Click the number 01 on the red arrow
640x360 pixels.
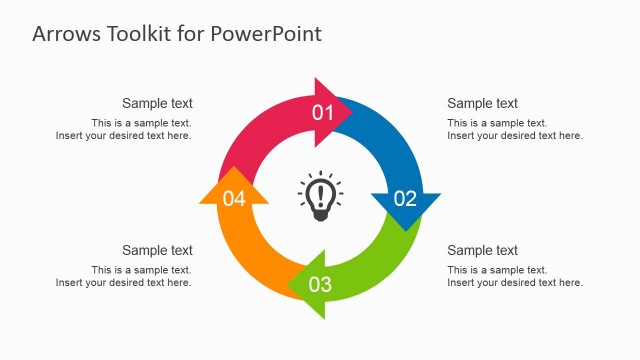[323, 112]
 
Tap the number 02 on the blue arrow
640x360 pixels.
[405, 198]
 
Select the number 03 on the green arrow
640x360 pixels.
[320, 285]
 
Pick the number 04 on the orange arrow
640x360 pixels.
[234, 199]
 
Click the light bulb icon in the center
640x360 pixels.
[320, 194]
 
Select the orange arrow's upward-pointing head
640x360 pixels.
[234, 189]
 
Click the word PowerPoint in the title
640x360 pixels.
[266, 33]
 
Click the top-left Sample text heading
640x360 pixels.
[157, 103]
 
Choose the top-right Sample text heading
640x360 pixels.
[482, 103]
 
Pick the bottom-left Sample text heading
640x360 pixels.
[157, 250]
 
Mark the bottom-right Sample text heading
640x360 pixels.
[482, 250]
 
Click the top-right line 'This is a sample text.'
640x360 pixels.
[497, 123]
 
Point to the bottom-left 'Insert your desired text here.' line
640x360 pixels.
[123, 283]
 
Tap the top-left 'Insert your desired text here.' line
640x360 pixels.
[123, 136]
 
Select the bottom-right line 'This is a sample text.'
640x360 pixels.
[497, 270]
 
